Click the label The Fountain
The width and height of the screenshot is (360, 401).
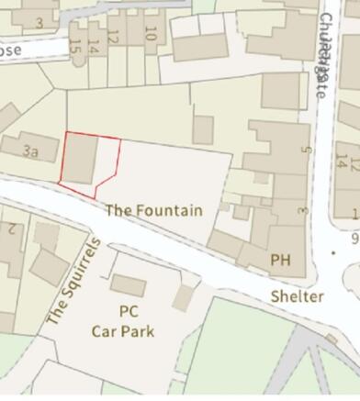[x=153, y=210]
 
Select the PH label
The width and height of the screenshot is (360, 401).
[x=280, y=261]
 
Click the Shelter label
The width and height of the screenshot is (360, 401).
[x=297, y=296]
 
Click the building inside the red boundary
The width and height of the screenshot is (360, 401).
[x=82, y=160]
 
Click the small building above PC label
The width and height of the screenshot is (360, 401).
[x=128, y=285]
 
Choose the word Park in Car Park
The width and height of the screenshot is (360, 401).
[x=138, y=330]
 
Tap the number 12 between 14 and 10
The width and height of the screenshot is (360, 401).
[x=113, y=38]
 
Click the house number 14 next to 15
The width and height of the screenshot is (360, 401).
[x=93, y=45]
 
